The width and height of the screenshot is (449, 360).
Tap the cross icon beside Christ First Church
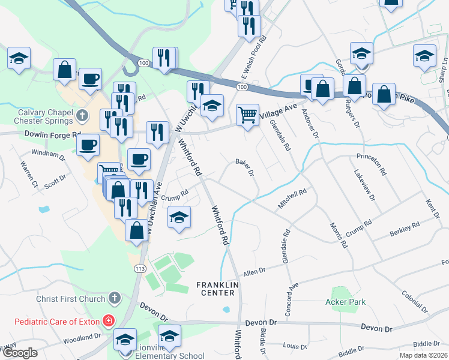114,298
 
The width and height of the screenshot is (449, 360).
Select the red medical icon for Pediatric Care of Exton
108,320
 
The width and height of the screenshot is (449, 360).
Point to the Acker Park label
345,302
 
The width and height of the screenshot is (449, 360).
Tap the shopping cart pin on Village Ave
247,114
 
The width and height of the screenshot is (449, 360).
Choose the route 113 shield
140,268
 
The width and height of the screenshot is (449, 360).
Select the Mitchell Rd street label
292,200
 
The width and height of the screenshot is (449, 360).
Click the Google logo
20,353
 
